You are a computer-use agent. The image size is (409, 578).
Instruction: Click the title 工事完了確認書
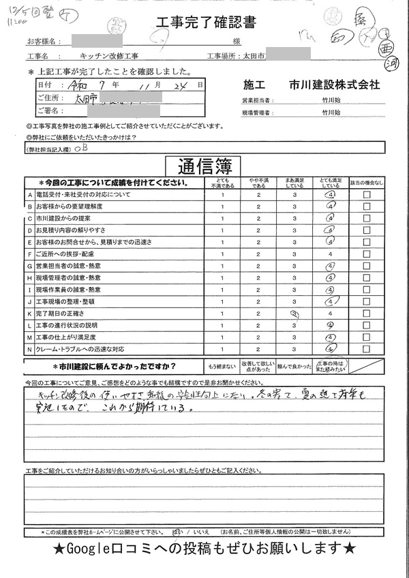pyautogui.click(x=206, y=24)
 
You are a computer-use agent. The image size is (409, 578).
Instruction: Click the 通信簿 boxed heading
pyautogui.click(x=204, y=166)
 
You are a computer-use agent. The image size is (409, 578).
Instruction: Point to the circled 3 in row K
pyautogui.click(x=295, y=314)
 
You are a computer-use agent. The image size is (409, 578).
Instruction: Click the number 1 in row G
pyautogui.click(x=222, y=254)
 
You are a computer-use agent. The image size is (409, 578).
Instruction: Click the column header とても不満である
pyautogui.click(x=222, y=182)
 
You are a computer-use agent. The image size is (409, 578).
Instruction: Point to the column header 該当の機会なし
pyautogui.click(x=367, y=183)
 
